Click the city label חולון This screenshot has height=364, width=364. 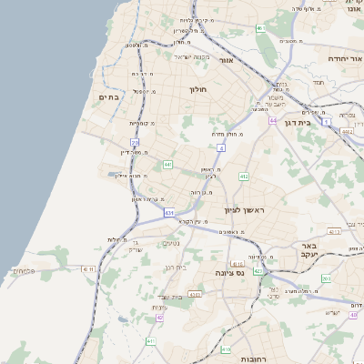[199, 89]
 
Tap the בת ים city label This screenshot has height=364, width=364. [109, 96]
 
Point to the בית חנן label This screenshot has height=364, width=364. [175, 268]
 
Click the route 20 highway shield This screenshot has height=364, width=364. [135, 143]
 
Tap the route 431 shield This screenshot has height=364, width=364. [169, 213]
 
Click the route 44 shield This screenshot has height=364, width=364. [272, 119]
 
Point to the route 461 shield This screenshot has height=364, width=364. [260, 28]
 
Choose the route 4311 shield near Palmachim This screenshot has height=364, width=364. [88, 269]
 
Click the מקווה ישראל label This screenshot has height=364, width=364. [192, 58]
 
